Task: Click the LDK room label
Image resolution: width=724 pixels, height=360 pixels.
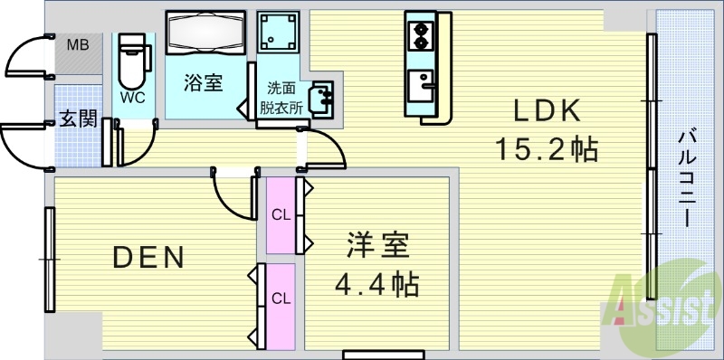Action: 547,110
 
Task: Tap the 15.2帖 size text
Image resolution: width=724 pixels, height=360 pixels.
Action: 546,147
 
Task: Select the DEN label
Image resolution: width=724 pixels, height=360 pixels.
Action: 148,258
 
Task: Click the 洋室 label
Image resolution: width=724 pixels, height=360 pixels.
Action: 376,247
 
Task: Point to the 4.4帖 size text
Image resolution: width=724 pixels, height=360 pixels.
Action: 376,285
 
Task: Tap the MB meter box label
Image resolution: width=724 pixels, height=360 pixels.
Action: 76,44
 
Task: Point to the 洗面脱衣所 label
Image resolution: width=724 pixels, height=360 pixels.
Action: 281,97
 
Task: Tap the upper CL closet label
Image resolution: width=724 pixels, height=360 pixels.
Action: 281,214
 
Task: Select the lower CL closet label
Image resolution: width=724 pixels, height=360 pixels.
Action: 281,298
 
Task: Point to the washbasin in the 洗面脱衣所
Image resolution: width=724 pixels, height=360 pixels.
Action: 321,97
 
